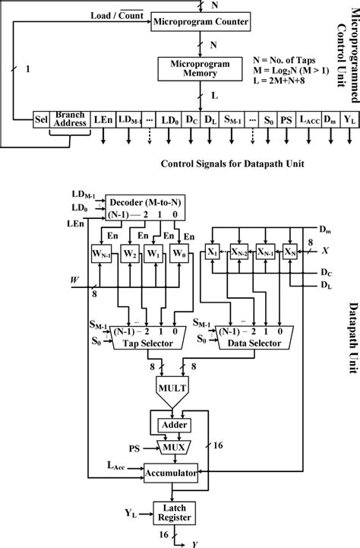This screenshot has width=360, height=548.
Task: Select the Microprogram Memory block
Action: [x=200, y=68]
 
